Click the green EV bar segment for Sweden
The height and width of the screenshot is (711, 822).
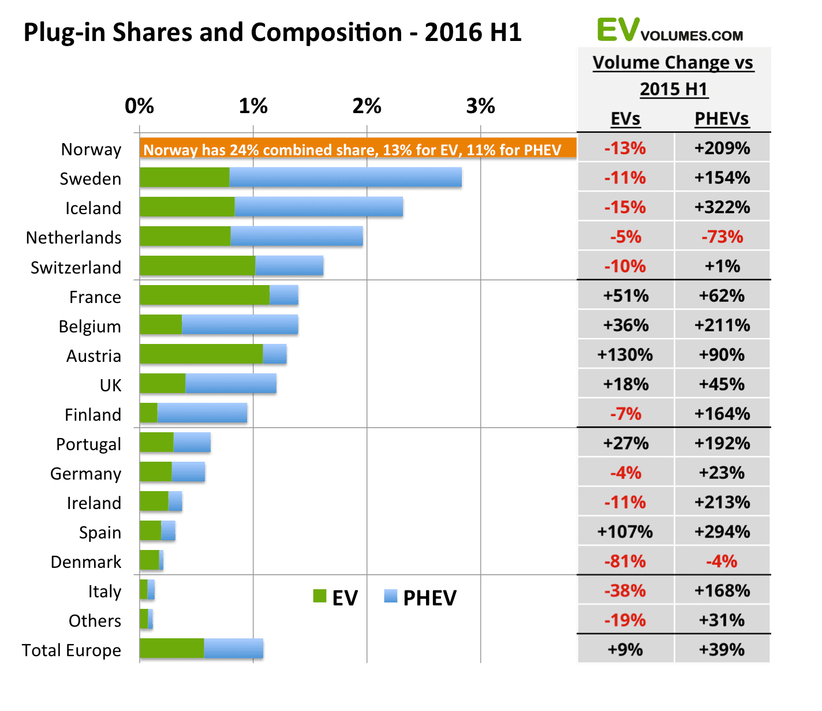click(184, 177)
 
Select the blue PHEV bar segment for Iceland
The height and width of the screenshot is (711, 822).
click(319, 207)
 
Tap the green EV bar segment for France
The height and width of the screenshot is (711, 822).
click(204, 295)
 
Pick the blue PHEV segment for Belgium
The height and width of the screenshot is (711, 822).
click(240, 324)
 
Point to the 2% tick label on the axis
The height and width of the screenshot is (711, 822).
click(367, 106)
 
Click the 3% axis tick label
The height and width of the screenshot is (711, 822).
click(481, 106)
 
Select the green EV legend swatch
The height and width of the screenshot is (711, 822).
click(319, 596)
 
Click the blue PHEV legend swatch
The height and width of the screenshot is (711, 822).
click(391, 596)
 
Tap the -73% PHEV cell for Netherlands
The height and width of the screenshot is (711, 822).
click(722, 237)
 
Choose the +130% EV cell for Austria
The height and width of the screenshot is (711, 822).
click(625, 354)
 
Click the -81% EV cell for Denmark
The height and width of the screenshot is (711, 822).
click(625, 561)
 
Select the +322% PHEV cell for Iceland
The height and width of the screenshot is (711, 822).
click(722, 207)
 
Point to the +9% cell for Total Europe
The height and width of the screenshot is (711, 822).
click(625, 650)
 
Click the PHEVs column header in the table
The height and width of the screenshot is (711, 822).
click(722, 119)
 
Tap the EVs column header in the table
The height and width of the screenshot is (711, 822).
click(625, 119)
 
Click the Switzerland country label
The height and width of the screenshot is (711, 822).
click(76, 268)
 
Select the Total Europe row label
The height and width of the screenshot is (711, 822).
click(72, 650)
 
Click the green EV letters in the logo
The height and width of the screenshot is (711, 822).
click(618, 30)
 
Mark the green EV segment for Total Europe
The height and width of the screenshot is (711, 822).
click(171, 648)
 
